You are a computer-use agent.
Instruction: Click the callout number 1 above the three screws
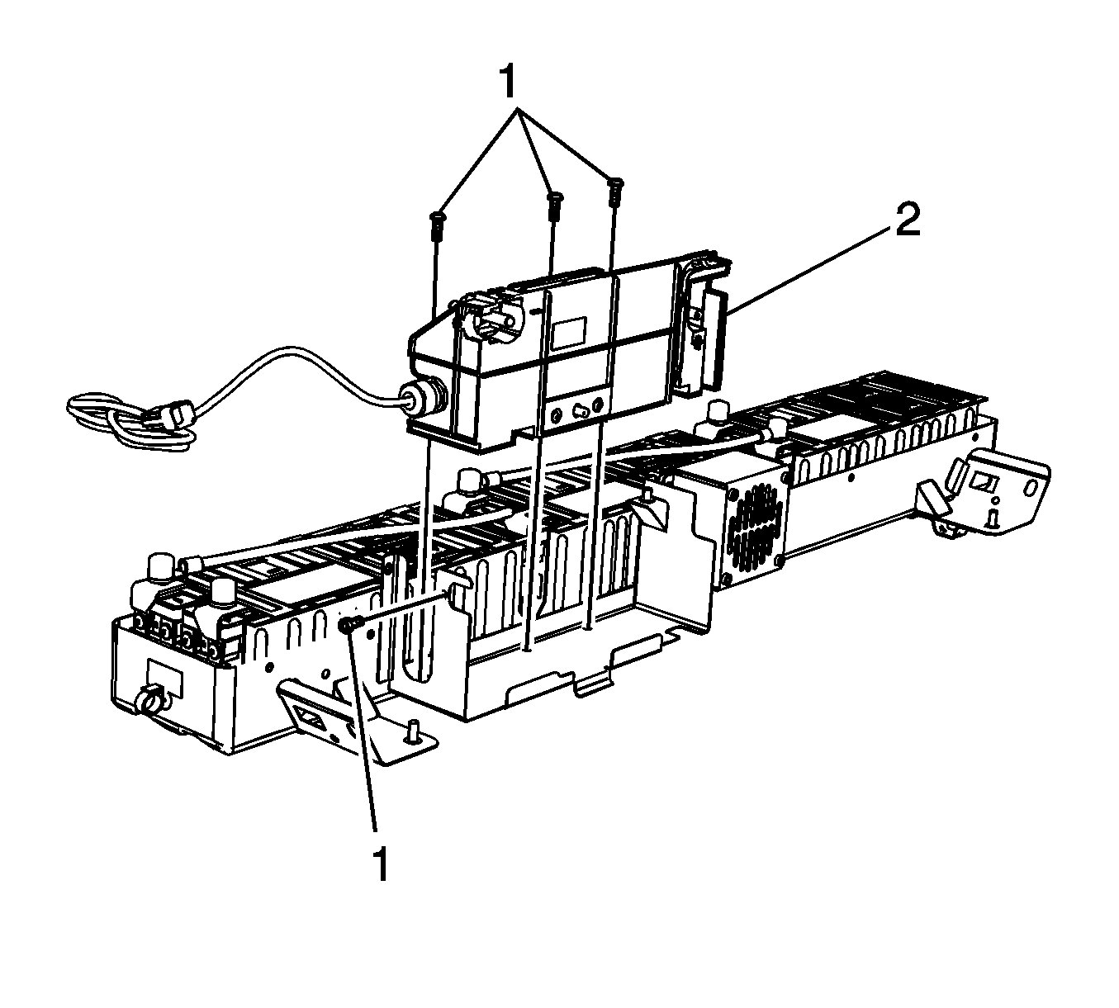(508, 82)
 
